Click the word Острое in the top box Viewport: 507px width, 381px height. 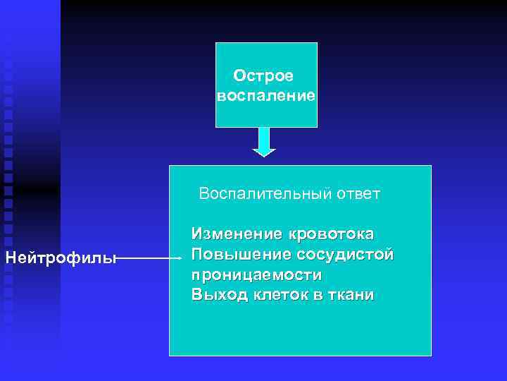coord(264,75)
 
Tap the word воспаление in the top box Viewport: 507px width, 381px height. coord(266,95)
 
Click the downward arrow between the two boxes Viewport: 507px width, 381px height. coord(264,140)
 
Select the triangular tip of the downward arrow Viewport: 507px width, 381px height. coord(264,152)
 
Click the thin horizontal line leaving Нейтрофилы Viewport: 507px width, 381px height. coord(144,259)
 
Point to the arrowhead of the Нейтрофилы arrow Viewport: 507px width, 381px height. coord(179,259)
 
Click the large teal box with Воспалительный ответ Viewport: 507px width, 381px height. coord(299,325)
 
